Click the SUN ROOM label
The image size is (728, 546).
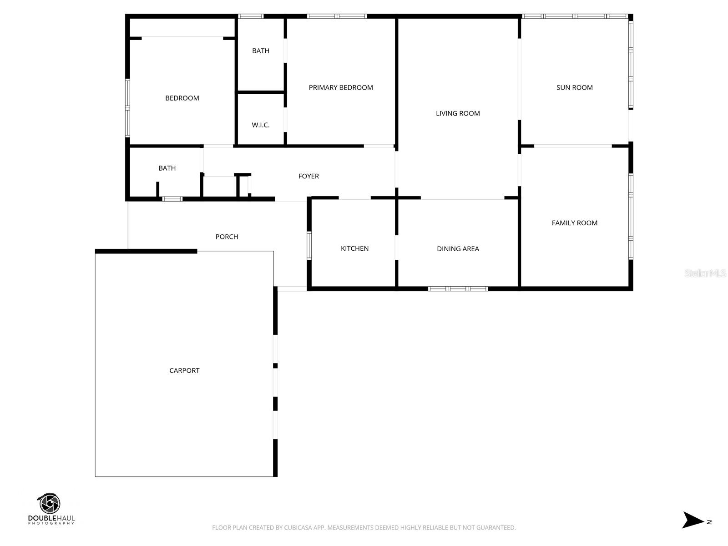coord(574,87)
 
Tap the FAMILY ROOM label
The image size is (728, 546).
coord(574,222)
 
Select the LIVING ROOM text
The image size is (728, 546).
coord(458,113)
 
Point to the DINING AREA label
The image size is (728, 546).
coord(458,248)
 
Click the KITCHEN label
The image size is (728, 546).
coord(354,248)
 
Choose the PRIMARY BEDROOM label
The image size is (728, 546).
coord(341,87)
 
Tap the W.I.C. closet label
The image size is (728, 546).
coord(261,125)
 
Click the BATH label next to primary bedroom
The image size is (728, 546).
coord(261,51)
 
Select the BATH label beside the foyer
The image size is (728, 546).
coord(167,168)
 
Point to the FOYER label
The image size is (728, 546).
coord(308,176)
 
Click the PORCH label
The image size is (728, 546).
coord(227,237)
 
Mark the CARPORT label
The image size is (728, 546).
coord(184,370)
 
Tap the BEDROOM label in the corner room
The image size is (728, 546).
coord(182,98)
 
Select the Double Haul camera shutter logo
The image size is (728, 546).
coord(49,504)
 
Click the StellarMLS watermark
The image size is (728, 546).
coord(705,273)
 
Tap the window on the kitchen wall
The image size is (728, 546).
coord(309,246)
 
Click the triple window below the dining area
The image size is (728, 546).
coord(458,288)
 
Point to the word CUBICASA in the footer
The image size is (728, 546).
coord(301,528)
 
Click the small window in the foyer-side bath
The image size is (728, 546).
coord(172,199)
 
